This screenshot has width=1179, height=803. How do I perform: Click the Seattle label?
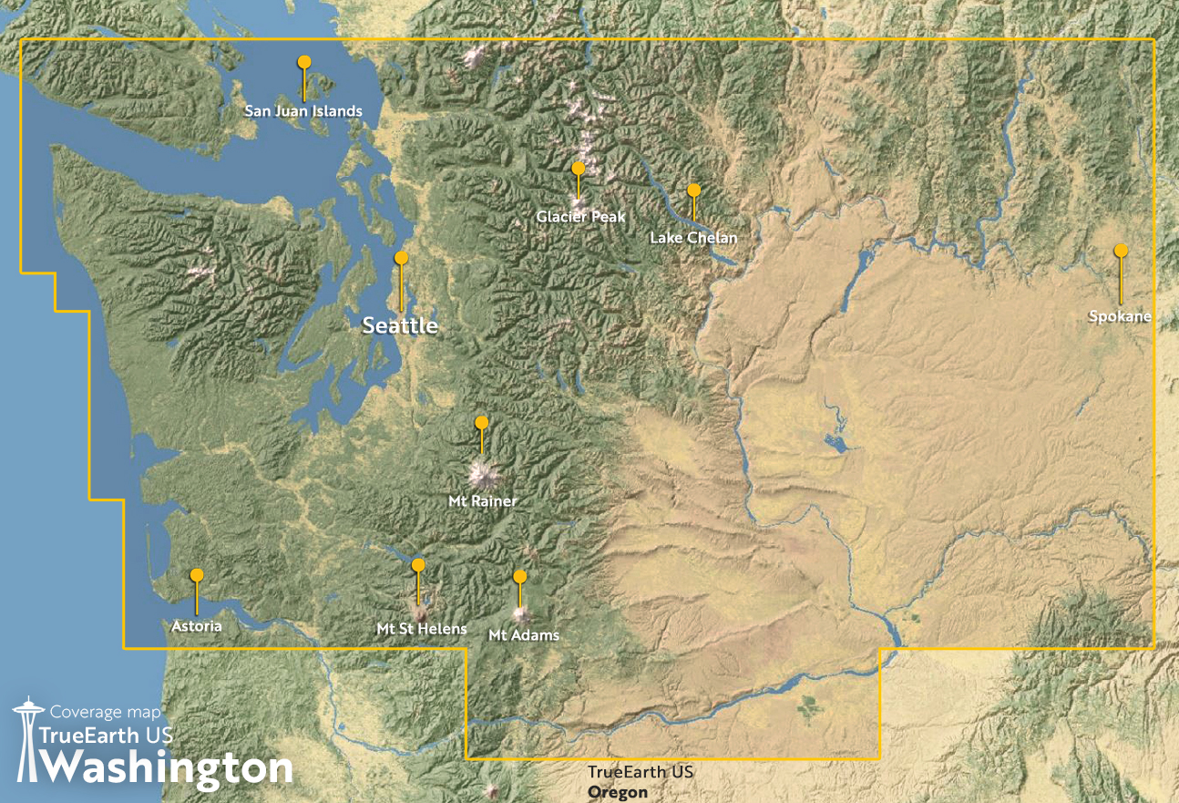pos(400,325)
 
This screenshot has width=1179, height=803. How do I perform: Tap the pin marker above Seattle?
pos(401,258)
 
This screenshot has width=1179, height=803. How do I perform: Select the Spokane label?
pos(1120,317)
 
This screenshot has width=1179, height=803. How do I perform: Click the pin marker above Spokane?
pos(1121,251)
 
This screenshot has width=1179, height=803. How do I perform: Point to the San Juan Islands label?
pos(303,111)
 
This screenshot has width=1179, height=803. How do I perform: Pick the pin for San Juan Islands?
pos(304,62)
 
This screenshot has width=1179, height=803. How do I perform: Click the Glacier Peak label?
pos(581,217)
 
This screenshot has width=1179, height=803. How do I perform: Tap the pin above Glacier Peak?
pos(578,169)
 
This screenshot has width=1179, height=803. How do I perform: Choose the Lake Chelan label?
pos(693,238)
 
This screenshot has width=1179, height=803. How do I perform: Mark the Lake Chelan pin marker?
pos(693,190)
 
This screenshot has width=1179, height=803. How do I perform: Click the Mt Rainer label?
pos(483,501)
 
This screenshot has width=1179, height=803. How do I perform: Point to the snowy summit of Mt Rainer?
pos(482,474)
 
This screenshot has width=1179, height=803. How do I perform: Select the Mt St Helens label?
pos(422,629)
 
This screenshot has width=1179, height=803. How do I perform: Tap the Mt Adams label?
pos(524,635)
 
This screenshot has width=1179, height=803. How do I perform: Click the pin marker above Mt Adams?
pos(520,577)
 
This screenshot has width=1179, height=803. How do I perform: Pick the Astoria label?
pos(197,626)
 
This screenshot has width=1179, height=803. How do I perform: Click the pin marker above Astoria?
pos(197,575)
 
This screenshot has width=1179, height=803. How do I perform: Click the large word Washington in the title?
pos(169,768)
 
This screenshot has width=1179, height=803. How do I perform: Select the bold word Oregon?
pos(618,792)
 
